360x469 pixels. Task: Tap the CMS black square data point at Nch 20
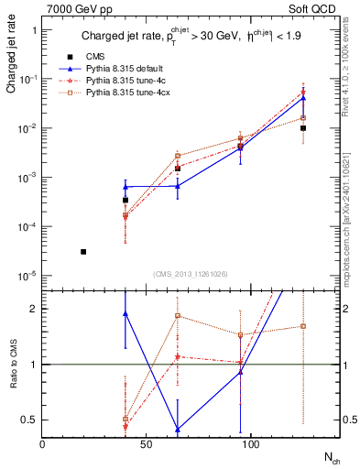coord(83,251)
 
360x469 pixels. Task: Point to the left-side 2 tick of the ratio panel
coord(34,309)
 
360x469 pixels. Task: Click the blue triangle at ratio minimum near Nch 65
coord(177,429)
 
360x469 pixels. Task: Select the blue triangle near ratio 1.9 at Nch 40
coord(125,313)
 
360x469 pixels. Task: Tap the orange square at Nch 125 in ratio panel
coord(302,326)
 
